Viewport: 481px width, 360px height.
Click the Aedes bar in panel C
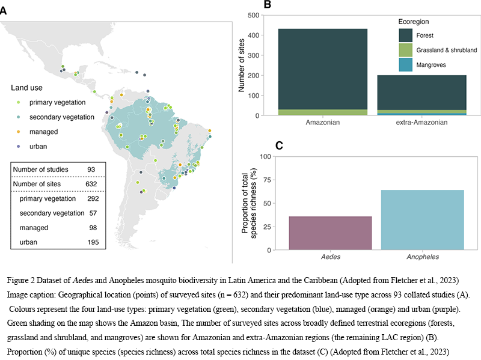pos(330,233)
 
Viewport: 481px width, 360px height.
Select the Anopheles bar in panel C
pos(422,219)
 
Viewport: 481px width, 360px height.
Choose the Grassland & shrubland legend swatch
pos(405,50)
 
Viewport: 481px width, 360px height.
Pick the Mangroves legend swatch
pos(405,64)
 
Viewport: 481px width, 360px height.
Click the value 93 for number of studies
pos(92,169)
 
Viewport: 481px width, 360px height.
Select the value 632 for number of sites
pos(91,183)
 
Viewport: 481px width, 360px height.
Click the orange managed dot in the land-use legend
pos(19,132)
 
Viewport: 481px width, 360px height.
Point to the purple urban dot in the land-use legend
pos(19,146)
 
